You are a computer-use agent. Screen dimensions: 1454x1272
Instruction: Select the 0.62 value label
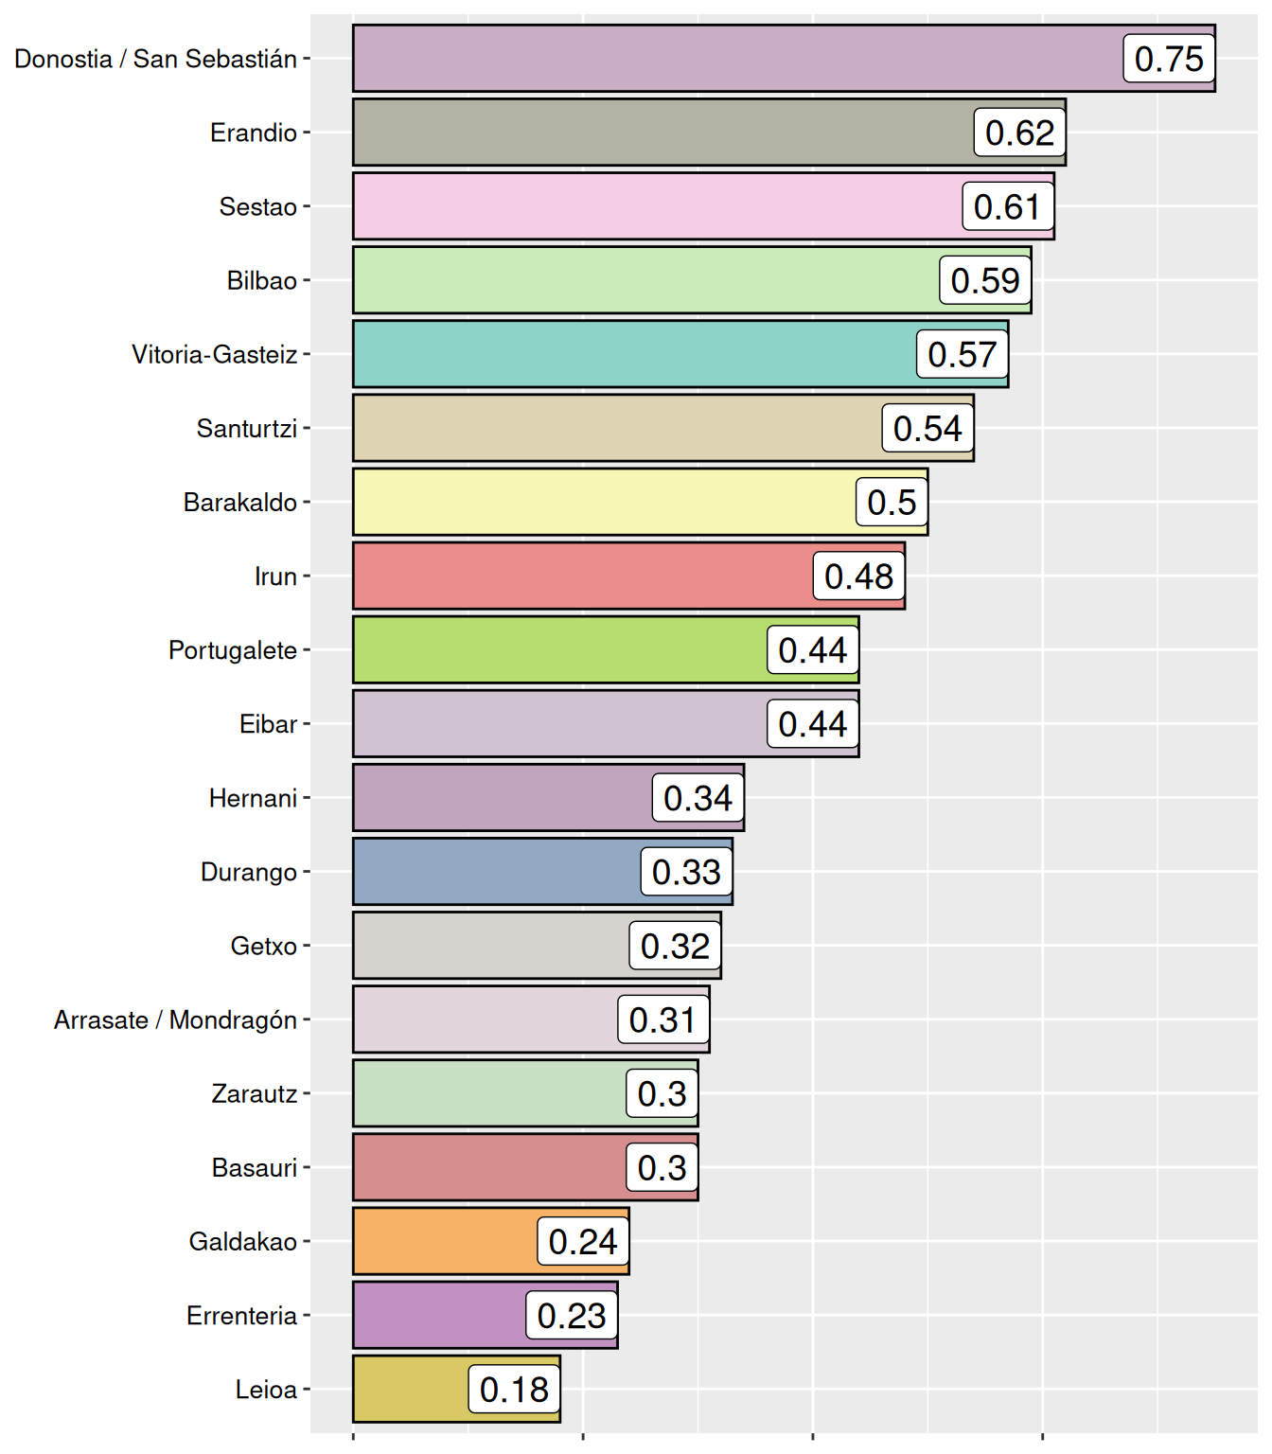(1019, 133)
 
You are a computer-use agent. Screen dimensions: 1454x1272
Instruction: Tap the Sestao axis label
(257, 206)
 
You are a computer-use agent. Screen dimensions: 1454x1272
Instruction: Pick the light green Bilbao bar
(644, 280)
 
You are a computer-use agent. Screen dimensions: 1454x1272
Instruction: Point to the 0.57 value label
(962, 354)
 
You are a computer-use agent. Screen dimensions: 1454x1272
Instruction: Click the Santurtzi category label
(246, 429)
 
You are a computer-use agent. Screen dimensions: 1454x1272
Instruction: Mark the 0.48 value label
(858, 576)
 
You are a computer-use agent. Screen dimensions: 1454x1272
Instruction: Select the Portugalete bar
(558, 650)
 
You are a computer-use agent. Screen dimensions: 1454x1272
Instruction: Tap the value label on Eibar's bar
(812, 724)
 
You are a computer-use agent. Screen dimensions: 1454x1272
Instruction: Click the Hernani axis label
(253, 798)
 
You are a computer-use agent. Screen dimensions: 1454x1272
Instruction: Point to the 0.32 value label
(675, 946)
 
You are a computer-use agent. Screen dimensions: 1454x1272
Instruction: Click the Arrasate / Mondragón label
(175, 1020)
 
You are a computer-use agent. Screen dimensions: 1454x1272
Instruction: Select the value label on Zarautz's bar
(662, 1093)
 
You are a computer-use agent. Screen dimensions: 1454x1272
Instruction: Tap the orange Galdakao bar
(445, 1241)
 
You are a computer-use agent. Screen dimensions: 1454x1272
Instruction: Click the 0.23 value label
(571, 1315)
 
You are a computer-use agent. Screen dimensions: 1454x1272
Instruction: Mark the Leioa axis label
(266, 1390)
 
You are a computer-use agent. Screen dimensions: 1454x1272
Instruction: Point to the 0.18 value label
(514, 1390)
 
